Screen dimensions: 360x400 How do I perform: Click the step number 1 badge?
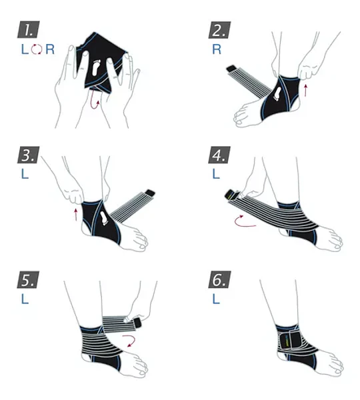(x=28, y=29)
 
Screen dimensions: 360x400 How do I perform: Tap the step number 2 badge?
(x=219, y=30)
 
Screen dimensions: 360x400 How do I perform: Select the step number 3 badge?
(x=28, y=155)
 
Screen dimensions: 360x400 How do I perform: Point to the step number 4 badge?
(x=219, y=155)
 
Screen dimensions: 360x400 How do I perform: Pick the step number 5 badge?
(x=28, y=279)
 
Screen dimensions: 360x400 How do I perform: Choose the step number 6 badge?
(x=219, y=279)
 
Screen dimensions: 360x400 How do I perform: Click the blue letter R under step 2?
(x=217, y=49)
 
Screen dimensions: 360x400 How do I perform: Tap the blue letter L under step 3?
(x=25, y=174)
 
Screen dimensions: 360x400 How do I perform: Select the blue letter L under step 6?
(x=216, y=299)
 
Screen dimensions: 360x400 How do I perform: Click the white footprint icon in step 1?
(x=96, y=67)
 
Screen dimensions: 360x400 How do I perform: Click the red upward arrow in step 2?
(x=305, y=91)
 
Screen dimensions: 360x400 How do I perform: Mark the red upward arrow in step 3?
(x=75, y=215)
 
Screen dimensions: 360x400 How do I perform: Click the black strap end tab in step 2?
(x=232, y=69)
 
